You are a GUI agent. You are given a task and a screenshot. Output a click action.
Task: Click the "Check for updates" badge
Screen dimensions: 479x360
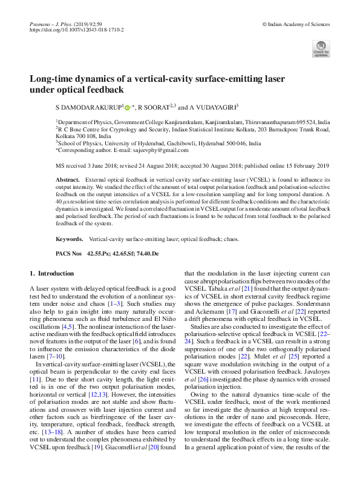coord(321,49)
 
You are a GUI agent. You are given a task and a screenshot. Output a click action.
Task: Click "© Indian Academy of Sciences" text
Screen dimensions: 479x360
coord(296,23)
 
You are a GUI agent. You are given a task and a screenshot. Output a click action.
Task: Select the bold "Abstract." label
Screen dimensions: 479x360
coord(67,180)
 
